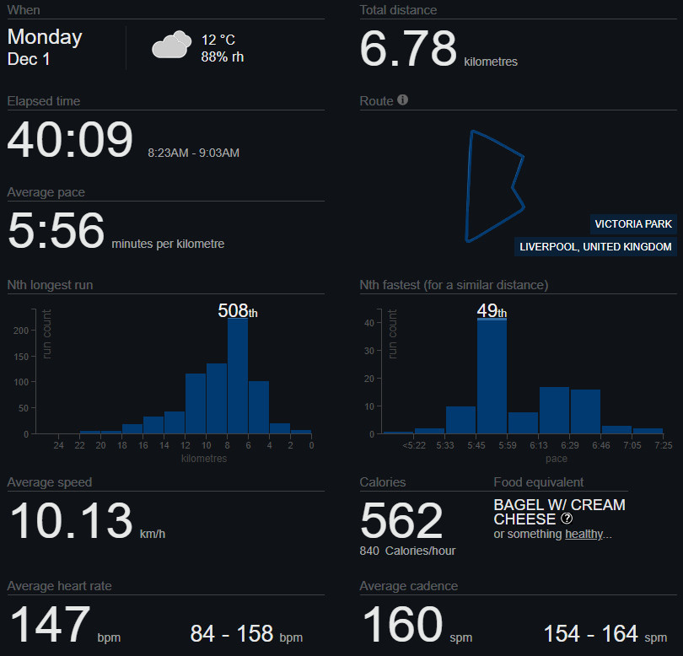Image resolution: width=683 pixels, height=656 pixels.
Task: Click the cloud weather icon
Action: point(170,46)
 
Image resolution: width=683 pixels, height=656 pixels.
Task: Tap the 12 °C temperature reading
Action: point(218,40)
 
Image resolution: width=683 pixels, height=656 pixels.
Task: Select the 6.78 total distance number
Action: point(408,48)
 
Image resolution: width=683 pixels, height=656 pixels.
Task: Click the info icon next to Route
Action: point(402,100)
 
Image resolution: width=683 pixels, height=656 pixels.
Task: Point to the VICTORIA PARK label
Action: point(633,224)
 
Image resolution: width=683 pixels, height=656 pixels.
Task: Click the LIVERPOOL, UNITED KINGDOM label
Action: point(595,247)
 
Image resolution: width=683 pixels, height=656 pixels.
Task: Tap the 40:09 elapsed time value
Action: point(70,140)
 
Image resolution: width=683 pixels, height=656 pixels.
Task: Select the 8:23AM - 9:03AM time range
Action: point(193,153)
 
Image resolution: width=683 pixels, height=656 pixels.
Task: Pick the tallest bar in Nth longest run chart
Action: point(238,375)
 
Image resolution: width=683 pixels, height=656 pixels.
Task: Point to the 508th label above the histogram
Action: point(238,310)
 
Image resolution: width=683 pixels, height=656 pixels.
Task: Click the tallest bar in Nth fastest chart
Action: point(492,376)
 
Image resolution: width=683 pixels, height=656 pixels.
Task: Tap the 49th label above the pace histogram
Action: point(492,310)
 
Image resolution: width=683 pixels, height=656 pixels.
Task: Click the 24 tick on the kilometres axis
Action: point(58,445)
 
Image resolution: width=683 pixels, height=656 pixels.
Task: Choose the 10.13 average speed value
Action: point(71,521)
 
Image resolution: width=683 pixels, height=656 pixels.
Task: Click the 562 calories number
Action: point(401,521)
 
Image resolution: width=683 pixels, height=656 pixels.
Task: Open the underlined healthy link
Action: point(583,534)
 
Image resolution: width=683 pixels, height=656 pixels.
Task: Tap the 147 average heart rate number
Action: point(49,625)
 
